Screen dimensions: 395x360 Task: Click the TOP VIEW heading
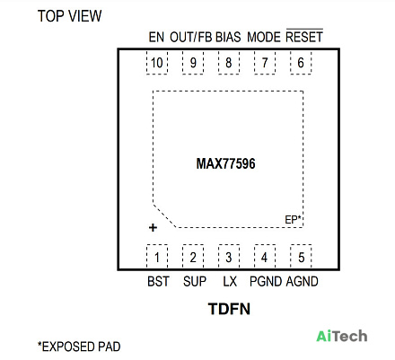coord(69,16)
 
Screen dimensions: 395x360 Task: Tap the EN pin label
coord(156,37)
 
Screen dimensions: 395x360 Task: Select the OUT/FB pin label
coord(191,37)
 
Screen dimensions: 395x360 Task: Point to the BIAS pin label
coord(228,37)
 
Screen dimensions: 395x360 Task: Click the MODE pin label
coord(264,37)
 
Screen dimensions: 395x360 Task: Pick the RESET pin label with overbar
coord(304,36)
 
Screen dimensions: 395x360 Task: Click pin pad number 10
coord(157,63)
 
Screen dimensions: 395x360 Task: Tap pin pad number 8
coord(229,63)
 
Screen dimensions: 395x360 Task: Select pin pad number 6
coord(301,63)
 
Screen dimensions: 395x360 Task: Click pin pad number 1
coord(157,257)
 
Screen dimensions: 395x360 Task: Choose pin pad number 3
coord(229,257)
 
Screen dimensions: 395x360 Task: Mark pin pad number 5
coord(301,257)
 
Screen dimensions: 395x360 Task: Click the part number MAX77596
coord(225,163)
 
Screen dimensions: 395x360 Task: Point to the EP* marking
coord(293,220)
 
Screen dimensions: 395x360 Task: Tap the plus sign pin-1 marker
coord(153,228)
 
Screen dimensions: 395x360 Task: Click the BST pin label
coord(158,281)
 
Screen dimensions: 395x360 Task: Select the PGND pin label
coord(266,281)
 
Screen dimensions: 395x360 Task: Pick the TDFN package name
coord(229,309)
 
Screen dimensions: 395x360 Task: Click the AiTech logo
coord(342,336)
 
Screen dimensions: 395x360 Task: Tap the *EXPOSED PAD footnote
coord(79,347)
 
